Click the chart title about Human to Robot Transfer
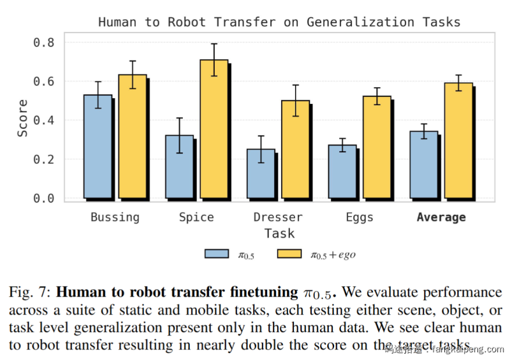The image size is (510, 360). pos(279,22)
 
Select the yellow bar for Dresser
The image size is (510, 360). pos(296,149)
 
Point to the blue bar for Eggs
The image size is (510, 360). pos(342,171)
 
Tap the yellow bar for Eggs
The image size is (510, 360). pos(377,147)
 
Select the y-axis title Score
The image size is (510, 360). pos(23,119)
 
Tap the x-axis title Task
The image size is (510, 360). pos(279,233)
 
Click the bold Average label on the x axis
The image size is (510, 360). pos(441,217)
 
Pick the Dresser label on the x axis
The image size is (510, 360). pos(278,217)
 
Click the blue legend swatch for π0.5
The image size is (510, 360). pos(216,254)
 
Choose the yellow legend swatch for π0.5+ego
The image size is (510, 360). pos(290,254)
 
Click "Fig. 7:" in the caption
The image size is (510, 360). pos(30,292)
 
